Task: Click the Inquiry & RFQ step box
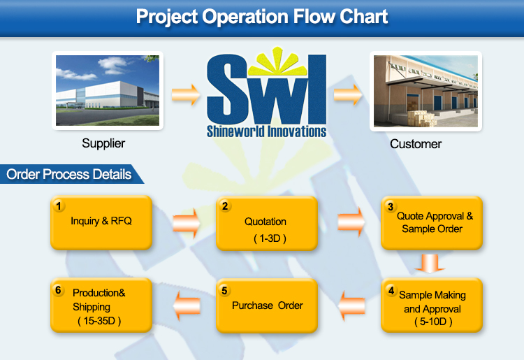101,222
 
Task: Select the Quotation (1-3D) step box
267,223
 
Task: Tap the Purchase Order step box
267,305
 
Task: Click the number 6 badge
58,290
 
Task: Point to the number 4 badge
391,290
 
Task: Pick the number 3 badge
391,207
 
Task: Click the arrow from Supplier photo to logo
186,94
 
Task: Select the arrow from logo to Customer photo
348,94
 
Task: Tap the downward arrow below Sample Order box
430,264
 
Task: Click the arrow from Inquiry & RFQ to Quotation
187,223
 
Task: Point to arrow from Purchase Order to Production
187,305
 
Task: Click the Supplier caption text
103,143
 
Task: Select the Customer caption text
416,144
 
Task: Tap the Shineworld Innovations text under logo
266,131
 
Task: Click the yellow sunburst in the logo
277,62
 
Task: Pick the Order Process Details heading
69,174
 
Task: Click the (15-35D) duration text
99,321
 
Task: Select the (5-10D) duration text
433,322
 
